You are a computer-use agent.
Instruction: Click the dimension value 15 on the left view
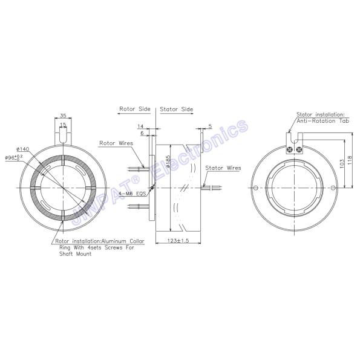(x=62, y=125)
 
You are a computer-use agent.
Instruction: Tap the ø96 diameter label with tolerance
(x=15, y=157)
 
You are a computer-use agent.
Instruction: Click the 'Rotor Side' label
(x=134, y=110)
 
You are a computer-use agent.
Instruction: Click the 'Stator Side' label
(x=176, y=110)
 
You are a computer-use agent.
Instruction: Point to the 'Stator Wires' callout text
(x=223, y=168)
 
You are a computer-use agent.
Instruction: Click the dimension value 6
(x=142, y=132)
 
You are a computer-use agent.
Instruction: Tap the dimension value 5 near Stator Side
(x=209, y=126)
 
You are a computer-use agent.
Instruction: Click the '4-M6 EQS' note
(x=132, y=194)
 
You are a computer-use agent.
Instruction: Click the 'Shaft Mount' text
(x=75, y=255)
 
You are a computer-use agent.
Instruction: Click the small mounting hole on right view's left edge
(x=255, y=188)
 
